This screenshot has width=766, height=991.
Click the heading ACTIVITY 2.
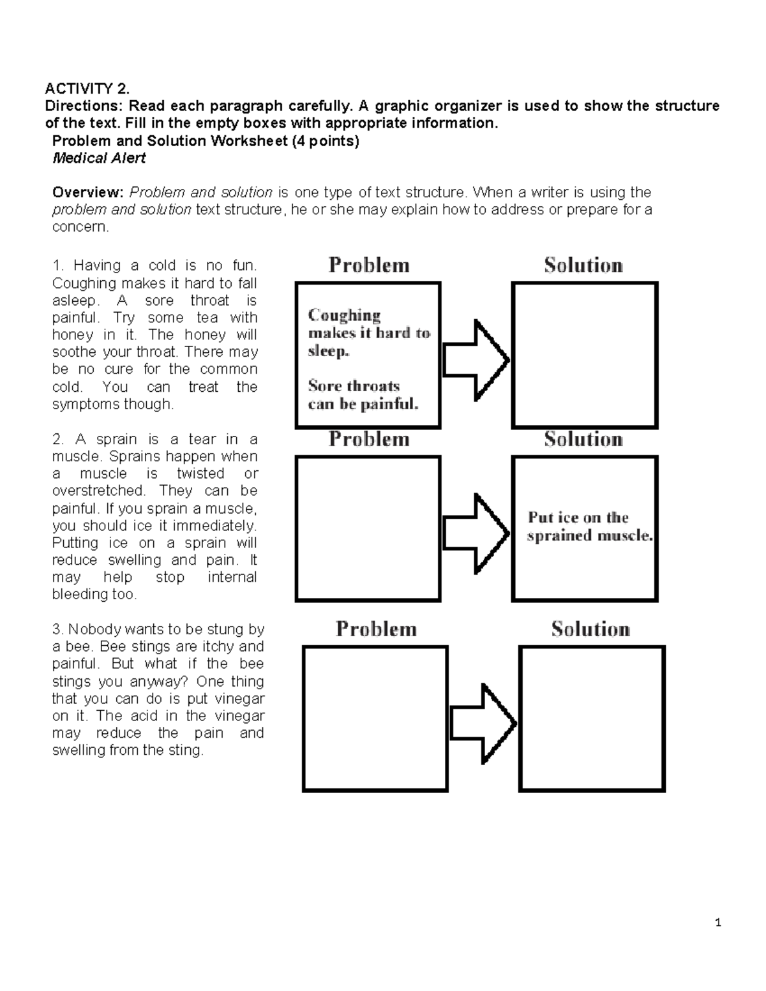(86, 89)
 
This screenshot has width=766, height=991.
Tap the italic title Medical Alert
(99, 158)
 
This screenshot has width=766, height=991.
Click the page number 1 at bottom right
(718, 923)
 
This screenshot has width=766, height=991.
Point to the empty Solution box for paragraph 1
(584, 355)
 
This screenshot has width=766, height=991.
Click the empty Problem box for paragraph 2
(368, 528)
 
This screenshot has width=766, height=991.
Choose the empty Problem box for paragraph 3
(375, 719)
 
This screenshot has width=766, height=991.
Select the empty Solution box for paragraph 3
(592, 719)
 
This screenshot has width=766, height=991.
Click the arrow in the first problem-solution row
(476, 361)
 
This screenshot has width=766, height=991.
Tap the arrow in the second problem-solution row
(476, 533)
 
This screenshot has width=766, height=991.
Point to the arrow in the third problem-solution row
(483, 724)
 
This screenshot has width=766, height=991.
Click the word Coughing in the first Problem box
(344, 315)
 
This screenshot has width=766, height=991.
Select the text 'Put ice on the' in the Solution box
(578, 518)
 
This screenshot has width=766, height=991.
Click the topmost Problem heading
(369, 265)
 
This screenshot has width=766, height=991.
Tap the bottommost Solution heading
(590, 629)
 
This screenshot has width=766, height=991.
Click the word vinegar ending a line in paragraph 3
(240, 699)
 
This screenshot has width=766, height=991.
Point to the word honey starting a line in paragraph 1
(68, 335)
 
